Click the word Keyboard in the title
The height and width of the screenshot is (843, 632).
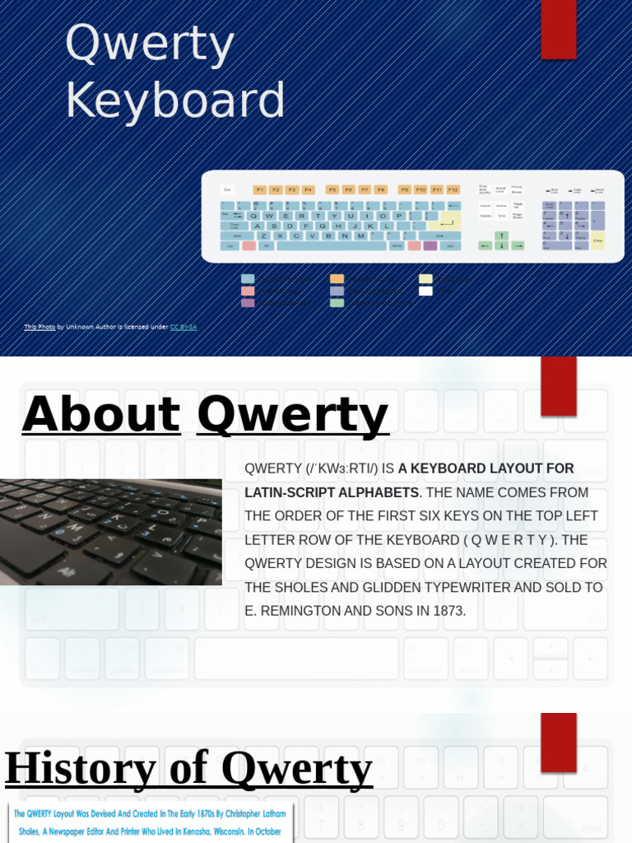tap(174, 100)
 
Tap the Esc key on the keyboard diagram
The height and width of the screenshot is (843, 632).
tap(228, 189)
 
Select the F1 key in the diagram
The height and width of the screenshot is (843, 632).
tap(260, 189)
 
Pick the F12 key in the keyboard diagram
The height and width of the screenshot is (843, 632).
tap(453, 189)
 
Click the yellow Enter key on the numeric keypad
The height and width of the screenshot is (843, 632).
tap(598, 240)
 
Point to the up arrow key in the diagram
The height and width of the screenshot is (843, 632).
tap(500, 235)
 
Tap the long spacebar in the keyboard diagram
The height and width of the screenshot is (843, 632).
tap(332, 245)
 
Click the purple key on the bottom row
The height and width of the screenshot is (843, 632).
tap(430, 245)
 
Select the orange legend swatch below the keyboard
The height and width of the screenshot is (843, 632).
tap(337, 279)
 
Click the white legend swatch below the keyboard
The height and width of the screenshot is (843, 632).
tap(425, 291)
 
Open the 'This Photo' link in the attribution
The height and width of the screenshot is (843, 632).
tap(39, 327)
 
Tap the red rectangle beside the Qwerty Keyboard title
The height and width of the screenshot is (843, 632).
tap(558, 29)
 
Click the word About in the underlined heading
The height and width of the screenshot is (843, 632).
tap(100, 414)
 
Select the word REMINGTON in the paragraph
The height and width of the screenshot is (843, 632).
tap(299, 611)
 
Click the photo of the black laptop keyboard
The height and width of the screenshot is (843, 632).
tap(110, 532)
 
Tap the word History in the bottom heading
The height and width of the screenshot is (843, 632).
tap(80, 768)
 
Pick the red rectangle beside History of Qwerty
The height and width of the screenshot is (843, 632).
tap(558, 742)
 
